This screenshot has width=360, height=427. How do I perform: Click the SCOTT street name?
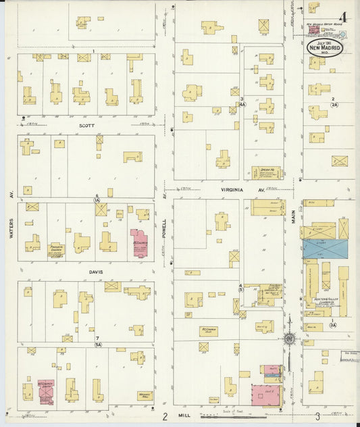(x=86, y=125)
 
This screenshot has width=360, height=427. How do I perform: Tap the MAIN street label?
(x=294, y=215)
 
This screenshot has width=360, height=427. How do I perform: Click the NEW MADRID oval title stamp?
(x=325, y=47)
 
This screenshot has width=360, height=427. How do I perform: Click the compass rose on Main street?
(x=289, y=338)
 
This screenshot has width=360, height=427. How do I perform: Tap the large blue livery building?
(x=325, y=249)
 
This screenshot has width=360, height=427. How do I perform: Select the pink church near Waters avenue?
(x=46, y=393)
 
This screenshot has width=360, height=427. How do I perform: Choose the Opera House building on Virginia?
(x=265, y=172)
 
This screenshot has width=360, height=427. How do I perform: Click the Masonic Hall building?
(x=145, y=395)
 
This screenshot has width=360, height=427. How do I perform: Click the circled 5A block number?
(x=98, y=345)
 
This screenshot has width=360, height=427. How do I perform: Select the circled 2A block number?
(x=334, y=105)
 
